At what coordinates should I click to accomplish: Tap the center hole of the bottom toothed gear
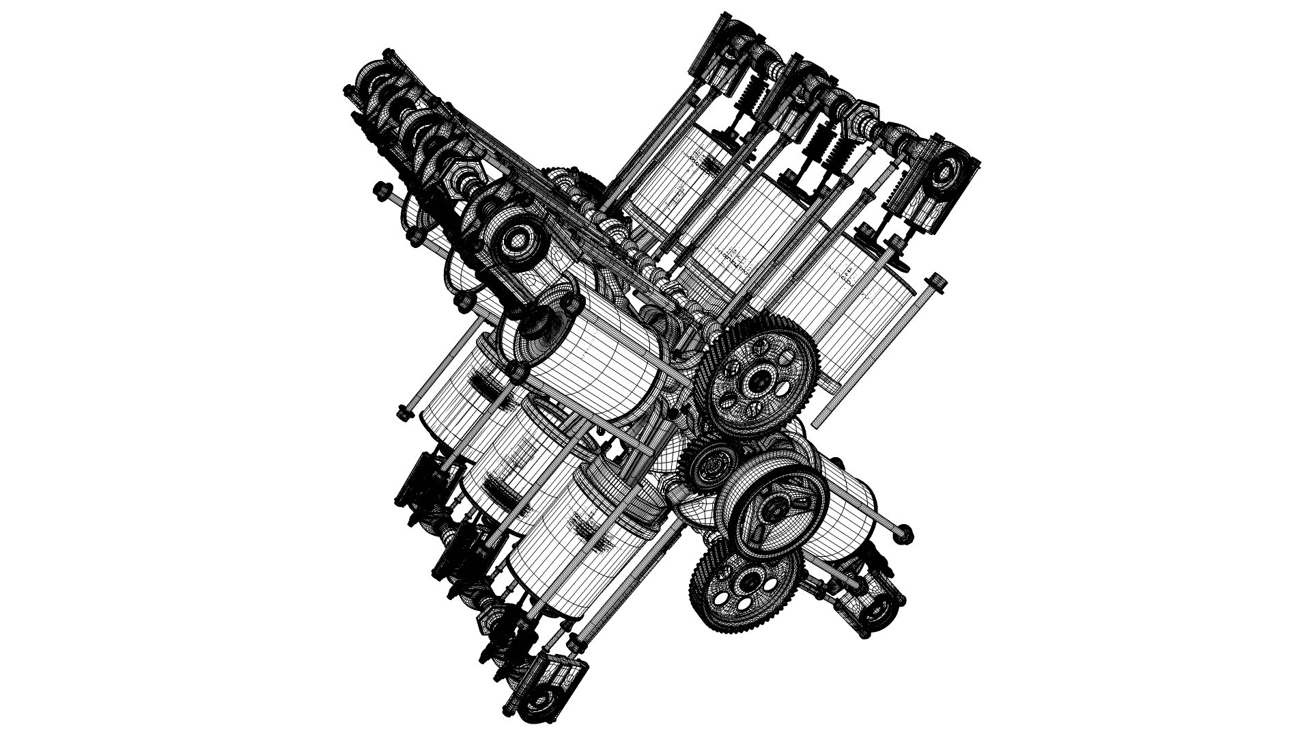click(x=746, y=583)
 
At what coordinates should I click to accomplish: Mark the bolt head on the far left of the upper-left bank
click(x=380, y=186)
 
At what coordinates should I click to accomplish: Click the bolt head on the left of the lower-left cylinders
click(x=402, y=412)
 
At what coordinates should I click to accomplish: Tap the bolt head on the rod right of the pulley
click(x=903, y=529)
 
